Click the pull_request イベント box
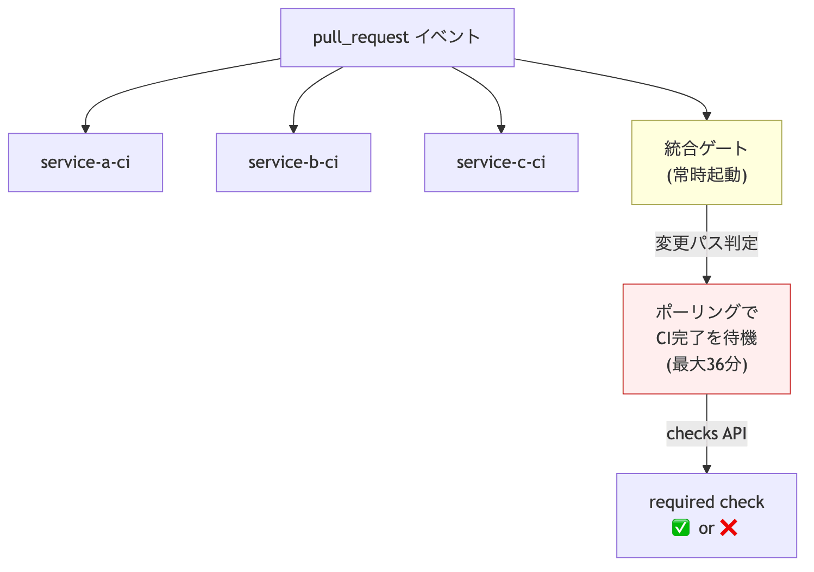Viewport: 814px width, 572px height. click(397, 38)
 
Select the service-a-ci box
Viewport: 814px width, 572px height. click(85, 163)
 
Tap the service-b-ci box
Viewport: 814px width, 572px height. click(293, 163)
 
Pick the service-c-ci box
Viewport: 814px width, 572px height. click(501, 163)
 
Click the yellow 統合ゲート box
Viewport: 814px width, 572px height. click(706, 163)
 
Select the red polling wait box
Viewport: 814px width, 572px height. click(706, 339)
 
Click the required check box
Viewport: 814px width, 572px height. click(706, 515)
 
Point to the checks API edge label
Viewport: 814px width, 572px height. click(706, 433)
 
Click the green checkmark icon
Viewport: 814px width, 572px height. click(681, 527)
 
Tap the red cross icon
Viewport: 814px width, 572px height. click(729, 527)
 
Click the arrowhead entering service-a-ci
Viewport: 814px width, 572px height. click(85, 129)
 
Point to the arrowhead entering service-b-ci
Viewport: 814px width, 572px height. click(293, 129)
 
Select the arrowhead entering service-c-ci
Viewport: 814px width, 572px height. click(501, 129)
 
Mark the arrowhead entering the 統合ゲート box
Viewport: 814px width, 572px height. click(706, 116)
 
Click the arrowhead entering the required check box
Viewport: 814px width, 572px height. click(706, 469)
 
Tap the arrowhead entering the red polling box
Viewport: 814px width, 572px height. click(706, 280)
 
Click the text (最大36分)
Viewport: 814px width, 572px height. click(707, 365)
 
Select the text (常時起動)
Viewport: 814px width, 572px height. click(707, 175)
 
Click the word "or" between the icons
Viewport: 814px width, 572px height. click(706, 529)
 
